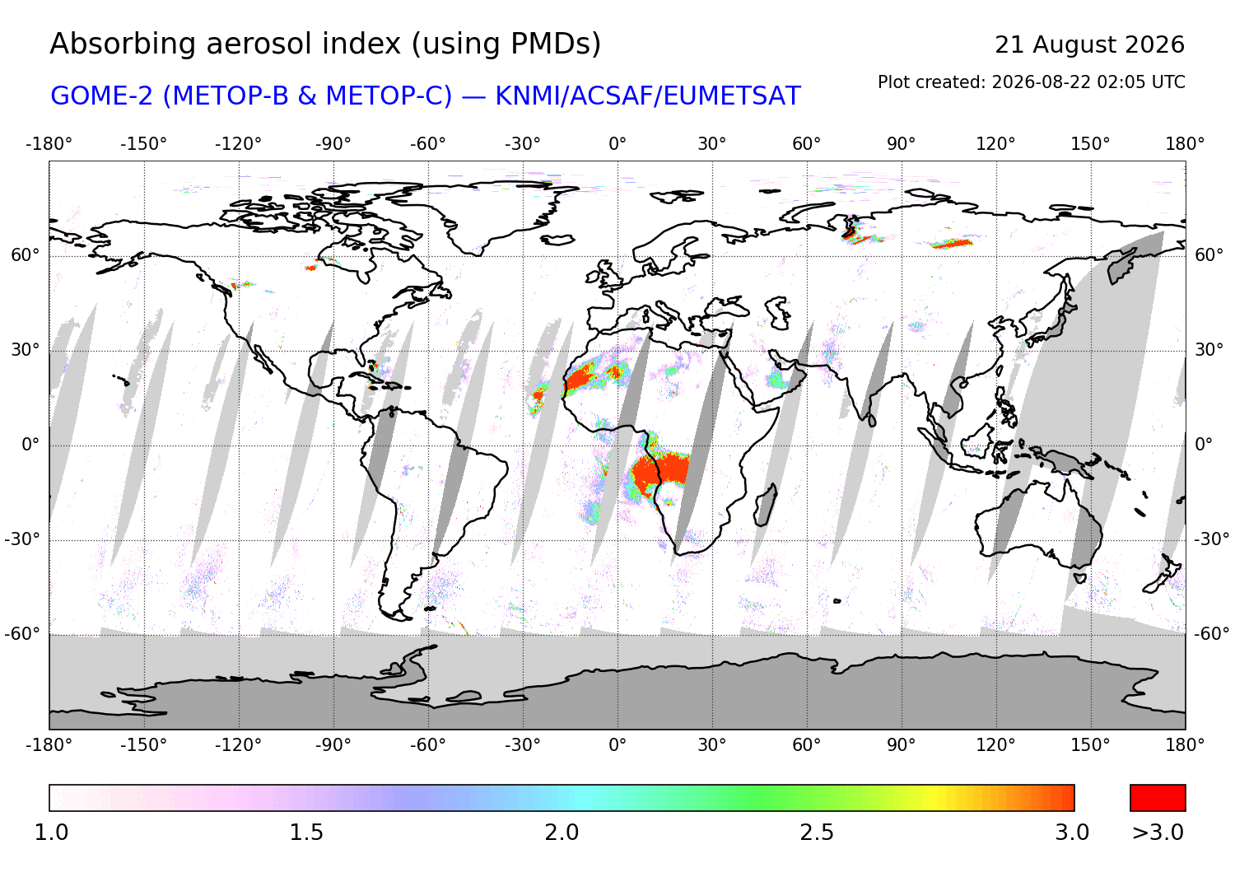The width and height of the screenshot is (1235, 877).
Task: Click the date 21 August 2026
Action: pyautogui.click(x=1089, y=44)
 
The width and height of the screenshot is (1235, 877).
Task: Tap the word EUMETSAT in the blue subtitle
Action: pyautogui.click(x=732, y=96)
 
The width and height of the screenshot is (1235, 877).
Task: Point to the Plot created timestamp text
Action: pyautogui.click(x=1031, y=82)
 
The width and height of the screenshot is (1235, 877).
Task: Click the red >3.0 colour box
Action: pyautogui.click(x=1158, y=798)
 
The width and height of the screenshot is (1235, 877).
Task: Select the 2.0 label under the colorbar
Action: pyautogui.click(x=562, y=833)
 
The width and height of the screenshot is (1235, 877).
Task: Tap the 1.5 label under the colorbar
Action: pyautogui.click(x=306, y=833)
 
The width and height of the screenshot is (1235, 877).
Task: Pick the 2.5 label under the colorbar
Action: pyautogui.click(x=817, y=833)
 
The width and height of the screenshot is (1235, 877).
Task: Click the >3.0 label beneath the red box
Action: pyautogui.click(x=1158, y=833)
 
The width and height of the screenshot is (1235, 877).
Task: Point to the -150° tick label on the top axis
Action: pyautogui.click(x=143, y=144)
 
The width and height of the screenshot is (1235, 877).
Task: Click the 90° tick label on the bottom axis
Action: pyautogui.click(x=901, y=745)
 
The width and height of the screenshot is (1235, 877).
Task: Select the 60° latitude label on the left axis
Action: pyautogui.click(x=26, y=255)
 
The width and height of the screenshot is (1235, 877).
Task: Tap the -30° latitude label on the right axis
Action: pyautogui.click(x=1211, y=539)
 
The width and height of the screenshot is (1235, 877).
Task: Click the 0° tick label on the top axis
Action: pyautogui.click(x=617, y=144)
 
